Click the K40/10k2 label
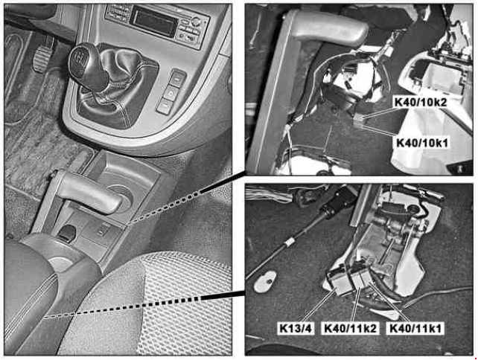[x=421, y=103]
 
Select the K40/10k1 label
[x=422, y=142]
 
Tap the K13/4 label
[x=296, y=329]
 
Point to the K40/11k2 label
[x=350, y=329]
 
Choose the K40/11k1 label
[x=415, y=329]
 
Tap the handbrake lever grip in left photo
[x=89, y=193]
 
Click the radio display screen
[x=153, y=21]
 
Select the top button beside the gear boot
[x=177, y=78]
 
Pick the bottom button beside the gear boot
[x=165, y=106]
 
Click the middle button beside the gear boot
[x=171, y=92]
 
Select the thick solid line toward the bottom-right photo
[x=223, y=295]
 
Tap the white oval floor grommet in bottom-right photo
[x=265, y=281]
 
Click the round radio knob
[x=197, y=22]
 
